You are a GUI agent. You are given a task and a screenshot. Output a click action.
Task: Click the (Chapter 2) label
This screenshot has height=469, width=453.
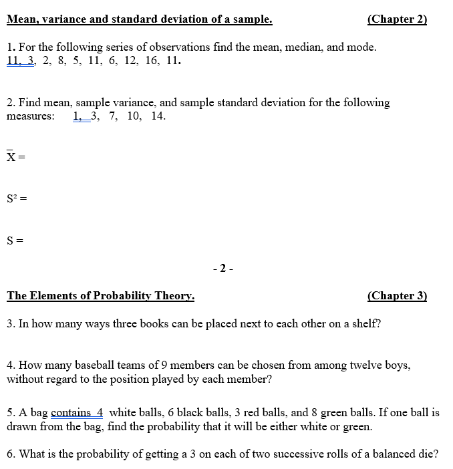point(397,19)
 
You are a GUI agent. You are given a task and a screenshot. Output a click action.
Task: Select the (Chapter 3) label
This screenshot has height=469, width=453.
point(397,296)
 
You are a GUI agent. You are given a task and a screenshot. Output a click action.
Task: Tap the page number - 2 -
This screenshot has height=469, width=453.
point(222,269)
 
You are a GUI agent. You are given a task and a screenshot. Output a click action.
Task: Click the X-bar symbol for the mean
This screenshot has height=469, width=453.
point(11,157)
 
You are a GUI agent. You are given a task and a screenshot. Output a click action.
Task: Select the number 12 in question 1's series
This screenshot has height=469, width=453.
point(130,60)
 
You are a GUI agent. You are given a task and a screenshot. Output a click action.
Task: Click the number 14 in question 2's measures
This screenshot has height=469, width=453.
point(158,116)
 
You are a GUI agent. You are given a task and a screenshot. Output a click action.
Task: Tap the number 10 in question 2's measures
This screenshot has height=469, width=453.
point(134,116)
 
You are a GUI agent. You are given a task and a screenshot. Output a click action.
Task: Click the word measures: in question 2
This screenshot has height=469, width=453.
point(31,116)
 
